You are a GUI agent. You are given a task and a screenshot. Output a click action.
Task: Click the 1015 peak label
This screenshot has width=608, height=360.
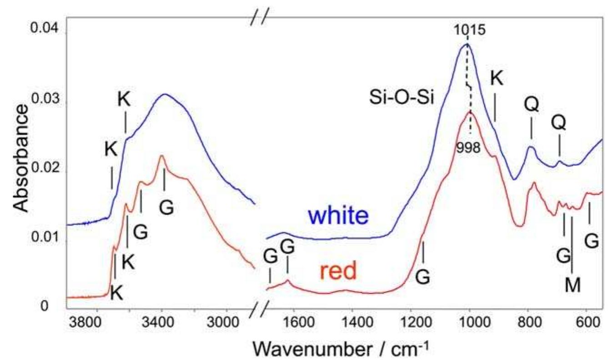(469, 30)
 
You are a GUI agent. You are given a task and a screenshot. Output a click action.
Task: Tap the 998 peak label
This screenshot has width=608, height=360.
(468, 148)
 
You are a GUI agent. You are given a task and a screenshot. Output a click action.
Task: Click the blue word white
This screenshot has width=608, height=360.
(338, 216)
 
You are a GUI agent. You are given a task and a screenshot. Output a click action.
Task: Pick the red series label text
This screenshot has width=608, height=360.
(338, 271)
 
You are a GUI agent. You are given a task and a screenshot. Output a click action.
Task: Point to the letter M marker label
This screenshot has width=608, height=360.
(573, 285)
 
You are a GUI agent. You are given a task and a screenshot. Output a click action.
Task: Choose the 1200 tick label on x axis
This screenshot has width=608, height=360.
(411, 323)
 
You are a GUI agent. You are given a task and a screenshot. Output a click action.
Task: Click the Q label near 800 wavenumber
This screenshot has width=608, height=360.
(532, 105)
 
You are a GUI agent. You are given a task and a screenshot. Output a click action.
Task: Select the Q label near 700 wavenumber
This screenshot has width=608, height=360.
(558, 123)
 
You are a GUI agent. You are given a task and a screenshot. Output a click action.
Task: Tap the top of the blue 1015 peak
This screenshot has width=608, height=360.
(467, 44)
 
